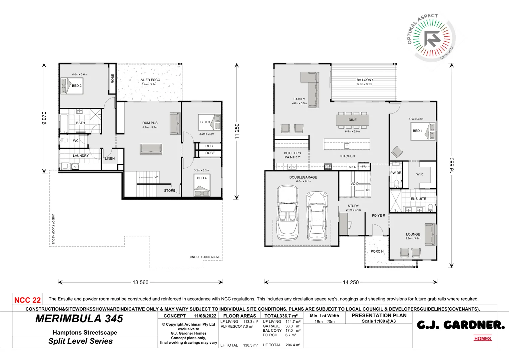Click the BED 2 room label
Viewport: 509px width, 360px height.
coord(77,86)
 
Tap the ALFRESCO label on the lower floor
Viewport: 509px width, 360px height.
coord(150,80)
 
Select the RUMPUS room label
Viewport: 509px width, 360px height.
coord(150,123)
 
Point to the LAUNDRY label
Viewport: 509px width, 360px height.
coord(81,156)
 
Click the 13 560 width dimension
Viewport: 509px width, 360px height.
coord(140,282)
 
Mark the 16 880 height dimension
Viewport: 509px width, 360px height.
coord(451,165)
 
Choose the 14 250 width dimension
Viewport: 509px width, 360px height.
coord(351,282)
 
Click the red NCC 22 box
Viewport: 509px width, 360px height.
coord(27,300)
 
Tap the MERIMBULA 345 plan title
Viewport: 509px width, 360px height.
coord(79,319)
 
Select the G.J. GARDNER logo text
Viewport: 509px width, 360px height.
coord(461,325)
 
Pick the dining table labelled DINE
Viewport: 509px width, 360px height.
coord(352,120)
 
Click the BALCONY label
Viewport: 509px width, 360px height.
coord(365,80)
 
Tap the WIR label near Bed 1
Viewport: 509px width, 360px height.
coord(419,174)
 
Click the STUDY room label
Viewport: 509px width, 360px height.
coord(353,206)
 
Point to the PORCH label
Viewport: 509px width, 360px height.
coord(377,251)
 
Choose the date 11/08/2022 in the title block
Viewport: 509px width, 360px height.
coord(205,316)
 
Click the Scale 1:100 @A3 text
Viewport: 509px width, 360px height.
coord(379,321)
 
